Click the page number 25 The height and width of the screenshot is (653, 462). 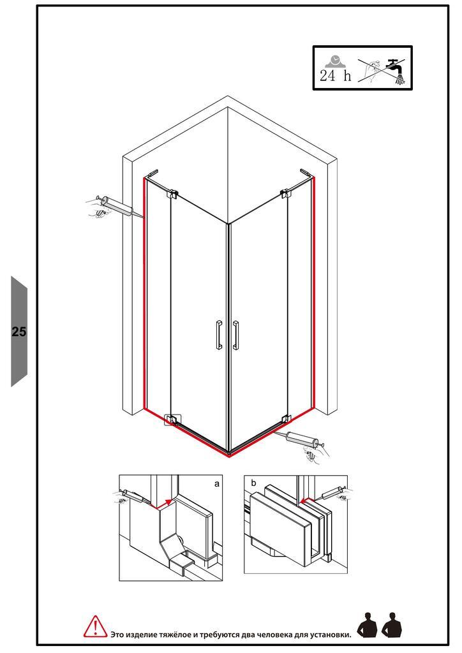[19, 332]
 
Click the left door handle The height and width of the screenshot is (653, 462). [219, 334]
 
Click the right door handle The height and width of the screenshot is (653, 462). [236, 334]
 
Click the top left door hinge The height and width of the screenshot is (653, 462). [172, 193]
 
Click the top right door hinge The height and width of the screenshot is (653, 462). [285, 193]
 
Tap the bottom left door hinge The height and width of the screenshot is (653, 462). [171, 419]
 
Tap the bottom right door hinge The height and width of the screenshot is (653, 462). [285, 419]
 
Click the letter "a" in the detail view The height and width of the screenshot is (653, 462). [216, 483]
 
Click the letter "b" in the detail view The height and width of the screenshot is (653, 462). [253, 483]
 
